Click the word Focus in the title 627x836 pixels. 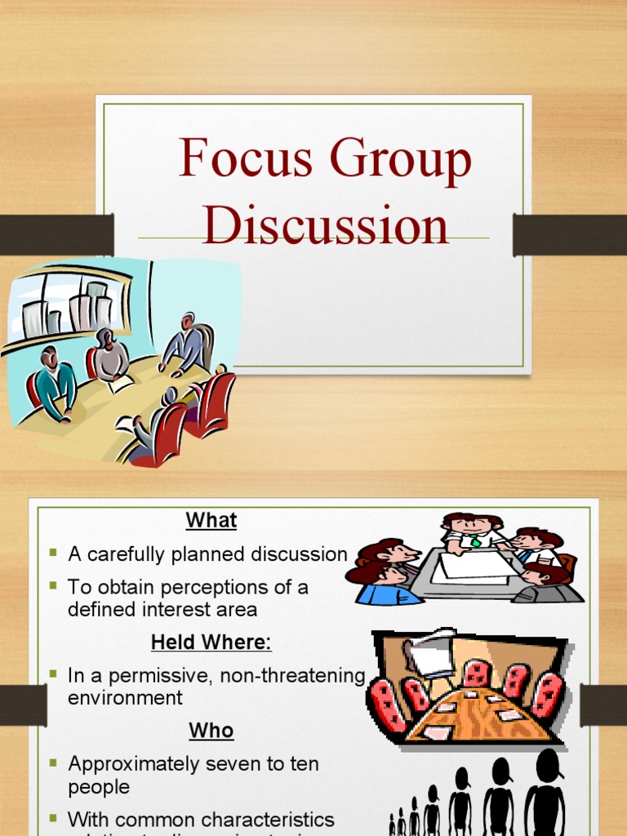pos(246,159)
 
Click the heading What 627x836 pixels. pos(211,520)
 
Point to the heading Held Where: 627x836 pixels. pos(211,643)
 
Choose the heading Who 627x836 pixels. pos(211,730)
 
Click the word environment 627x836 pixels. pos(126,698)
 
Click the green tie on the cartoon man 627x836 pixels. pos(475,540)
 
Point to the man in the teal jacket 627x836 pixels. pos(55,384)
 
